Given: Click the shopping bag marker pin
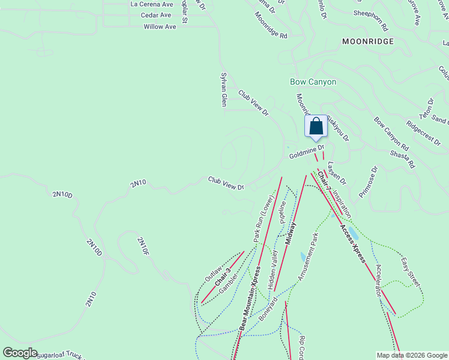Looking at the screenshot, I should coord(316,127).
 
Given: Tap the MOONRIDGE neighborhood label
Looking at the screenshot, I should coord(367,41).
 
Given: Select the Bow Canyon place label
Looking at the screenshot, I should coord(313,82).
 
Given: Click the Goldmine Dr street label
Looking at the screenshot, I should coord(306,152).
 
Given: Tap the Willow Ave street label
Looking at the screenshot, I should coord(160,27).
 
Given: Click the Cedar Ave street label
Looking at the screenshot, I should coord(156,15).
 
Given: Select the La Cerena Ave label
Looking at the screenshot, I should coord(151,4).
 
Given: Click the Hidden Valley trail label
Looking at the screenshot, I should coord(274,271).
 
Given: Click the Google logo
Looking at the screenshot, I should coord(20,353).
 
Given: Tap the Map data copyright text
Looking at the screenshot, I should coord(412,355).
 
